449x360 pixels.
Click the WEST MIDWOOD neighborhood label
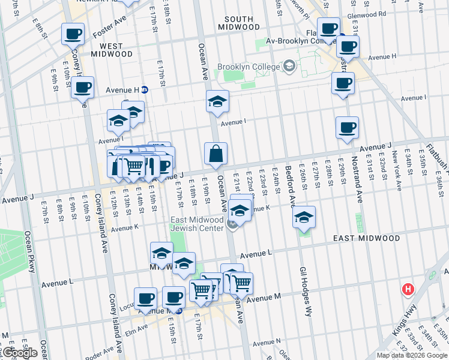coord(112,49)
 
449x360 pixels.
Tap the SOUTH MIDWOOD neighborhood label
coord(239,23)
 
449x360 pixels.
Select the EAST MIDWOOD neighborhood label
coord(367,238)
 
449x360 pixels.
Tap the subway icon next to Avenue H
coord(145,90)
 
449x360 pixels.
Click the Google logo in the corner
coord(20,353)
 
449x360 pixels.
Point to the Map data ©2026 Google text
coord(412,355)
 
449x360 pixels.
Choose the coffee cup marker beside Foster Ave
coord(72,34)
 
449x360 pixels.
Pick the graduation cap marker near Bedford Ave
coord(304,217)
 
